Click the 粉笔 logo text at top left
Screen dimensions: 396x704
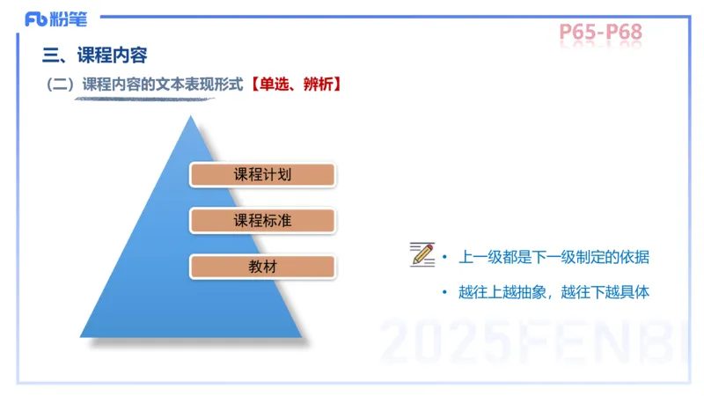[70, 18]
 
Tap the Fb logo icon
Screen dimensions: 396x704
[37, 18]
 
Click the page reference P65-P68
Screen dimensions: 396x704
[600, 33]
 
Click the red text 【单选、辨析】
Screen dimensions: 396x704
[292, 85]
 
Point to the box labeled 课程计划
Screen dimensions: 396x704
[262, 174]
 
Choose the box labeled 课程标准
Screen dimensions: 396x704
[262, 221]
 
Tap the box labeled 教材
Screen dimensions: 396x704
[262, 267]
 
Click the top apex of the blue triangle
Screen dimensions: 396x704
[191, 117]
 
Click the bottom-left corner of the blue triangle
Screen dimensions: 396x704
[82, 336]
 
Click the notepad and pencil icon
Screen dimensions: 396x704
[422, 254]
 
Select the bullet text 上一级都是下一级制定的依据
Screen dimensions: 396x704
[554, 257]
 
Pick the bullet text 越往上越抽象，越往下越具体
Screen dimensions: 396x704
[554, 292]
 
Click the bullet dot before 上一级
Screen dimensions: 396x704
[445, 257]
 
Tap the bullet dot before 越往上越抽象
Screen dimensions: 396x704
[445, 292]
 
